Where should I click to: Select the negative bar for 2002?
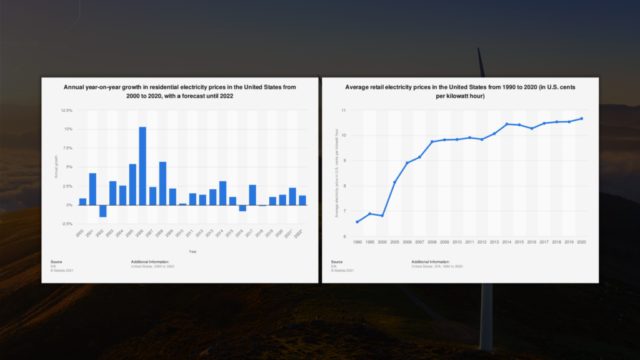point(102,211)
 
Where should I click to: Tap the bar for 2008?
point(162,183)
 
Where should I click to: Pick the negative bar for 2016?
point(242,208)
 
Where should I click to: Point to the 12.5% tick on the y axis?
point(66,110)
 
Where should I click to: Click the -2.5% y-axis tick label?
point(66,224)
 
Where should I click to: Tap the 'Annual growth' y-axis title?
point(56,167)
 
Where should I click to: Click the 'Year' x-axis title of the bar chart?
point(192,251)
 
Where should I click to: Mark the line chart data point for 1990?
point(357,222)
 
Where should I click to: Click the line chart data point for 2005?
point(394,182)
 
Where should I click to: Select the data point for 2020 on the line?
point(581,119)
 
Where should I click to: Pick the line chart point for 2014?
point(506,124)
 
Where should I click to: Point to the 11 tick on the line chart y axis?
point(343,110)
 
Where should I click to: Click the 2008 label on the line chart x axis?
point(431,241)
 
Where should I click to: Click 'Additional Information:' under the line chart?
point(430,261)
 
